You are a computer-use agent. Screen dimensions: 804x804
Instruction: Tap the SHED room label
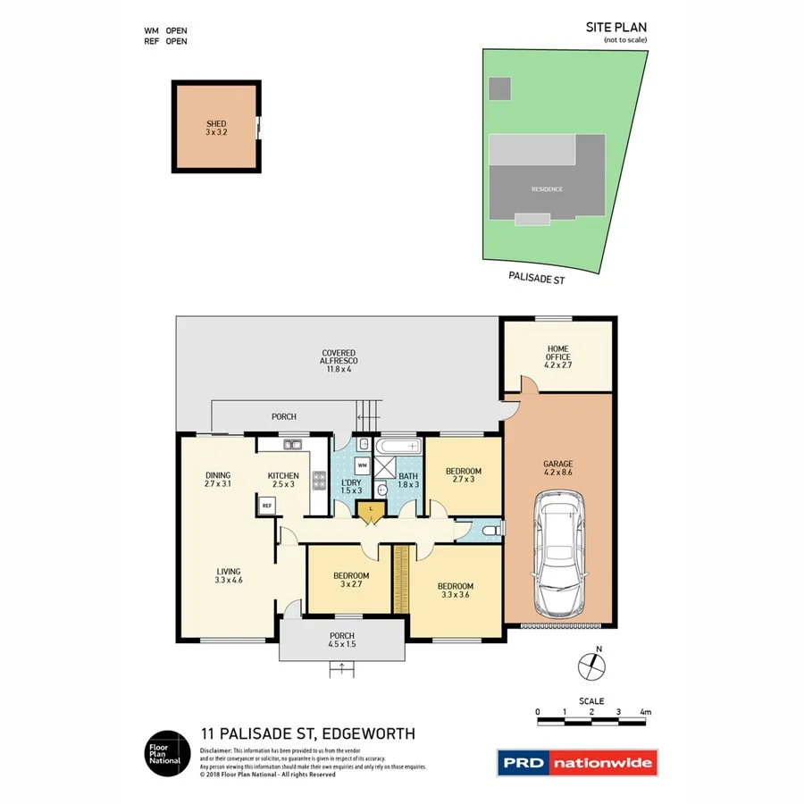[216, 124]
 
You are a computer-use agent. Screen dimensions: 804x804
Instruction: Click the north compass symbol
[590, 664]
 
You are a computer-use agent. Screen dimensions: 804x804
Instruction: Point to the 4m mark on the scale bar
[645, 712]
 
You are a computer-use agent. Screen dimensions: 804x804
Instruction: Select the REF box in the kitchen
[266, 506]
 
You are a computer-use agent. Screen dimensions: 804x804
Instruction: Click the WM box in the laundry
[362, 465]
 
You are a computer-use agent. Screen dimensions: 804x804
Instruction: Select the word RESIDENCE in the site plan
[547, 189]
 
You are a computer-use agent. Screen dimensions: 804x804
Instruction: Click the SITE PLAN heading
[616, 28]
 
